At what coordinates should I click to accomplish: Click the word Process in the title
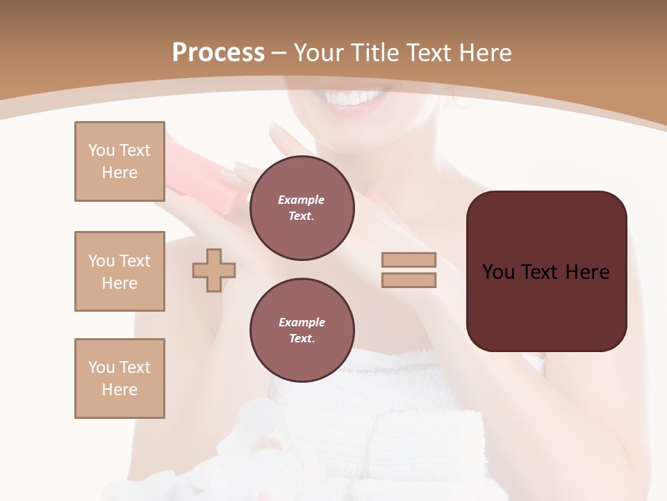218,53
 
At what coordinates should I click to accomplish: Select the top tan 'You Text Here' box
120,161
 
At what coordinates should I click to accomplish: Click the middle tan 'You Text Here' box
120,271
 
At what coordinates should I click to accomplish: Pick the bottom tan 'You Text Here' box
120,379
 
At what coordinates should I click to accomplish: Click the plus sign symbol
214,270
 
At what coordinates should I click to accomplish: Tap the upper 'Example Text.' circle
302,207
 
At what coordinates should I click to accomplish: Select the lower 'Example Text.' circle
302,330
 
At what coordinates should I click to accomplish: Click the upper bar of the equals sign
409,260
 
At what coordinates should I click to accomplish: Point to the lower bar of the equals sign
409,280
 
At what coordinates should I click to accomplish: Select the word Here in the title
485,53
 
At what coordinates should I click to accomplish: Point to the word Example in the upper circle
302,200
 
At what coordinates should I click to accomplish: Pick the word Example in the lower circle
302,322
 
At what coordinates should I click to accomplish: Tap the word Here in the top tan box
120,173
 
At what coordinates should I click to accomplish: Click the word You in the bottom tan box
101,367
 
